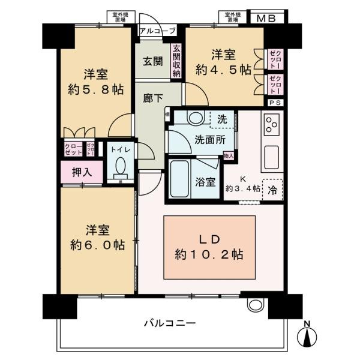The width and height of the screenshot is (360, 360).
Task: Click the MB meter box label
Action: [x=266, y=18]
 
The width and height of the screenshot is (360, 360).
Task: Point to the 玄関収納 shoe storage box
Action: [x=176, y=61]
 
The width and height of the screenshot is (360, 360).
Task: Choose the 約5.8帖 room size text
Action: [x=96, y=89]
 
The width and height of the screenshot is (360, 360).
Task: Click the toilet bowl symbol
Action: [x=121, y=164]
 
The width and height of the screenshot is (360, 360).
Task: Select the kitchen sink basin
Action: [x=271, y=157]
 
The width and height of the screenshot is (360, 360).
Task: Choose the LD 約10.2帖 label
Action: [x=211, y=246]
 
